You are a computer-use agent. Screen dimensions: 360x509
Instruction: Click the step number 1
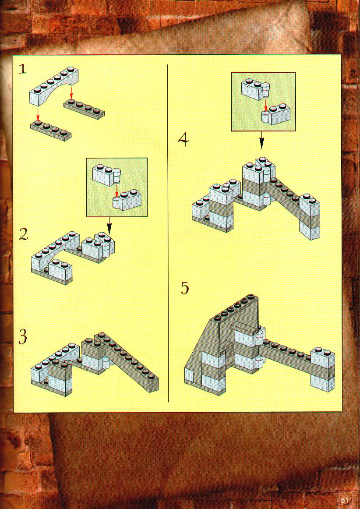[x=23, y=69]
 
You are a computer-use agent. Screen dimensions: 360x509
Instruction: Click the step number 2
[x=23, y=234]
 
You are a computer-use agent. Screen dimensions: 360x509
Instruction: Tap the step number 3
[x=23, y=337]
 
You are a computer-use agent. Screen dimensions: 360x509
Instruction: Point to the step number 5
[x=185, y=288]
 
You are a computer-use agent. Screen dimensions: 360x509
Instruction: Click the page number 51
[x=344, y=500]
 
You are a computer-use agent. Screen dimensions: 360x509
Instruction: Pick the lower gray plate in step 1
[x=51, y=130]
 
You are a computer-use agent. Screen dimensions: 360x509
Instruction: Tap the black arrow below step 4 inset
[x=261, y=140]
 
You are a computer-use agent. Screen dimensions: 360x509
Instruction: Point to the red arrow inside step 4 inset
[x=265, y=105]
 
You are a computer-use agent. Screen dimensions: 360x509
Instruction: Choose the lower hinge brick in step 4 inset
[x=276, y=115]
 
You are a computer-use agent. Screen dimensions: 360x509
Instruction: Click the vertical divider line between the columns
[x=168, y=233]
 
